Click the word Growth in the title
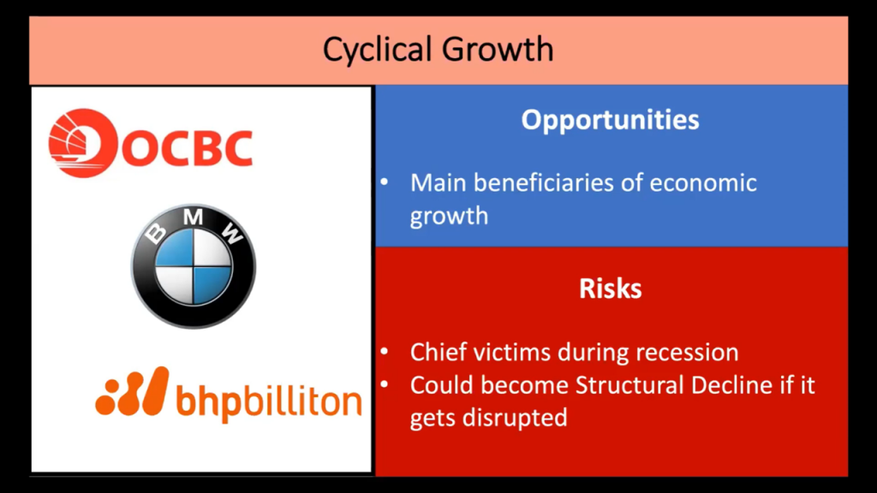pyautogui.click(x=498, y=49)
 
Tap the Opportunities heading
pyautogui.click(x=610, y=120)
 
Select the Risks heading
pyautogui.click(x=610, y=288)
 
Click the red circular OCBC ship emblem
pyautogui.click(x=82, y=143)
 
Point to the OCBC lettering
pyautogui.click(x=187, y=147)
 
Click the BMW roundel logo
pyautogui.click(x=193, y=266)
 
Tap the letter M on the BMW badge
pyautogui.click(x=193, y=217)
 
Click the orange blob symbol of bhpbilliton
pyautogui.click(x=132, y=391)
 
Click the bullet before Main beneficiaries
pyautogui.click(x=385, y=181)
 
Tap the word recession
pyautogui.click(x=687, y=352)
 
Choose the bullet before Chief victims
pyautogui.click(x=385, y=352)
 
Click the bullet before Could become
pyautogui.click(x=385, y=384)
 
